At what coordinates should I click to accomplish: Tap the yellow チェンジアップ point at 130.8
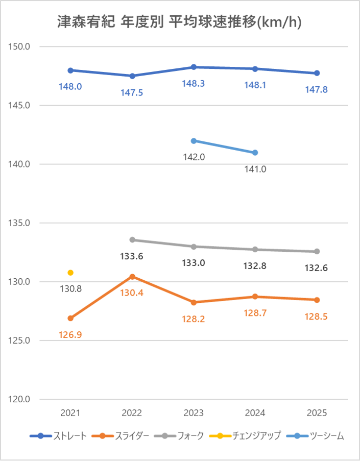pyautogui.click(x=70, y=273)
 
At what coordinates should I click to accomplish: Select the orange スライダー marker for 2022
pyautogui.click(x=132, y=277)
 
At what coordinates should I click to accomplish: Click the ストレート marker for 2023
pyautogui.click(x=194, y=67)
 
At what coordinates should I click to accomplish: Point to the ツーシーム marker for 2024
pyautogui.click(x=255, y=153)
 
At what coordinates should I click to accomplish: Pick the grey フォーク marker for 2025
pyautogui.click(x=317, y=251)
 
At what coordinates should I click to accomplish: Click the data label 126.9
pyautogui.click(x=70, y=335)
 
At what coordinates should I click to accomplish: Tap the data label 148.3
pyautogui.click(x=194, y=83)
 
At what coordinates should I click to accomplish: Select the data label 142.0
pyautogui.click(x=194, y=157)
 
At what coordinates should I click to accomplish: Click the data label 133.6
pyautogui.click(x=132, y=257)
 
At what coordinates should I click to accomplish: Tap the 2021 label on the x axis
pyautogui.click(x=70, y=413)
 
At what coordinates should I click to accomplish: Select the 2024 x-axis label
pyautogui.click(x=255, y=413)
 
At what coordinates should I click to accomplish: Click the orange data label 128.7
pyautogui.click(x=255, y=313)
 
